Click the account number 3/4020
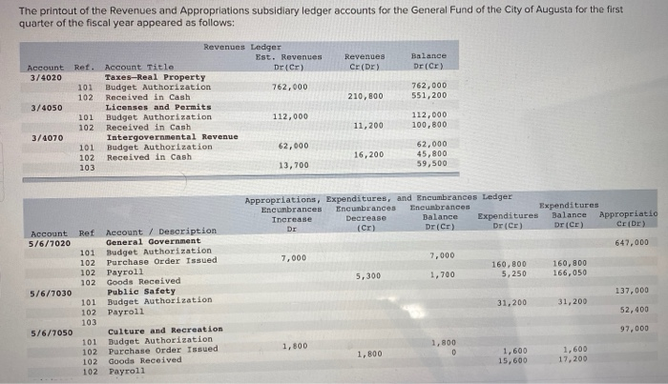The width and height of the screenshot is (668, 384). click(x=45, y=76)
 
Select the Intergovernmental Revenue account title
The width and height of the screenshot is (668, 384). click(x=171, y=136)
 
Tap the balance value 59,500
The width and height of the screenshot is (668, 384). click(x=431, y=164)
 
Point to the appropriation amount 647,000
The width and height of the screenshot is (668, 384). click(x=633, y=242)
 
